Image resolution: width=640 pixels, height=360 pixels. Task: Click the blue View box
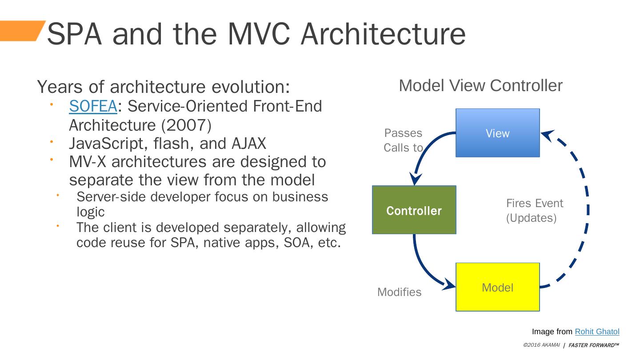(497, 133)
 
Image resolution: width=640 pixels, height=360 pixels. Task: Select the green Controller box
(414, 210)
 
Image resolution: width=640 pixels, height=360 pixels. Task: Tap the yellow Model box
(497, 287)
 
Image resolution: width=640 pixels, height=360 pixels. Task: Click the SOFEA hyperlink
(93, 107)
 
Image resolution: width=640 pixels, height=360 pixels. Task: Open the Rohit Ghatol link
(597, 332)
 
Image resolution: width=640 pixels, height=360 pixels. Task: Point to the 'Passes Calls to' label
(403, 140)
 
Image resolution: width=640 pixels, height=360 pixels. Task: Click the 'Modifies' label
(399, 292)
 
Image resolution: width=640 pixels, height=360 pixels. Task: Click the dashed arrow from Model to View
(587, 209)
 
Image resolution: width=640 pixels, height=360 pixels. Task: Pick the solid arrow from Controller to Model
(422, 267)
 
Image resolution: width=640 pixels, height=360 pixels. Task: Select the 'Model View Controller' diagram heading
(480, 86)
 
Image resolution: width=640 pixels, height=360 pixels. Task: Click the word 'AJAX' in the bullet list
(248, 144)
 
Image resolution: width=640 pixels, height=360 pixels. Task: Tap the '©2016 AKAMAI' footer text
(541, 345)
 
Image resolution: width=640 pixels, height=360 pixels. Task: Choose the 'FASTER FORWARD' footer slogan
(593, 345)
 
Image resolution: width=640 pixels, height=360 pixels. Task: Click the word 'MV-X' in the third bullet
(87, 161)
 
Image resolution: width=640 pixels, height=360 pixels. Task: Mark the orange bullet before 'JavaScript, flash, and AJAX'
(51, 141)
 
